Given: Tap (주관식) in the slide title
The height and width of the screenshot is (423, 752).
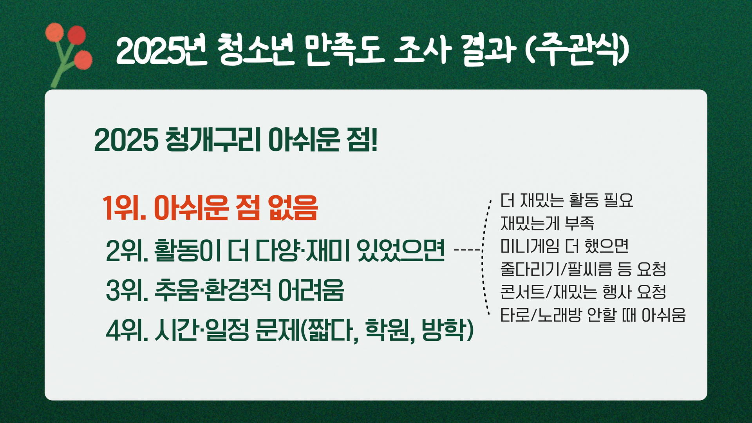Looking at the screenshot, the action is pyautogui.click(x=577, y=50).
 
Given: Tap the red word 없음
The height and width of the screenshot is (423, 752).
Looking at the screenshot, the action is pyautogui.click(x=293, y=208).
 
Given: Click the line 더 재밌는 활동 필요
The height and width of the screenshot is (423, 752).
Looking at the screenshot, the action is pyautogui.click(x=567, y=200).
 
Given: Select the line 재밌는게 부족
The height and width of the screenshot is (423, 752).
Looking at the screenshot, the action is pyautogui.click(x=547, y=223).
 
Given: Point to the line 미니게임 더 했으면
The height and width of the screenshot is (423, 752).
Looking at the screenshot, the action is pyautogui.click(x=564, y=246).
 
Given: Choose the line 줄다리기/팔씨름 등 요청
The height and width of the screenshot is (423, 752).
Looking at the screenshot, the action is pyautogui.click(x=583, y=269).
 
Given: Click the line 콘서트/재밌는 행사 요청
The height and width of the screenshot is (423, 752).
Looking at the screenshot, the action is pyautogui.click(x=583, y=291).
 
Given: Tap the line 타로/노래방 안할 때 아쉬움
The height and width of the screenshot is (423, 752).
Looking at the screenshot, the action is pyautogui.click(x=593, y=315).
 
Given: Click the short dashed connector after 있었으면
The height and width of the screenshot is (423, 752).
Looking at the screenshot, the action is pyautogui.click(x=467, y=249).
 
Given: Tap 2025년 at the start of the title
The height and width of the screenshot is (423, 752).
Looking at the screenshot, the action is pyautogui.click(x=161, y=50).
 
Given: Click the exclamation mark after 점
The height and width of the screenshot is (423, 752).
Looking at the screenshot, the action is pyautogui.click(x=374, y=140).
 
